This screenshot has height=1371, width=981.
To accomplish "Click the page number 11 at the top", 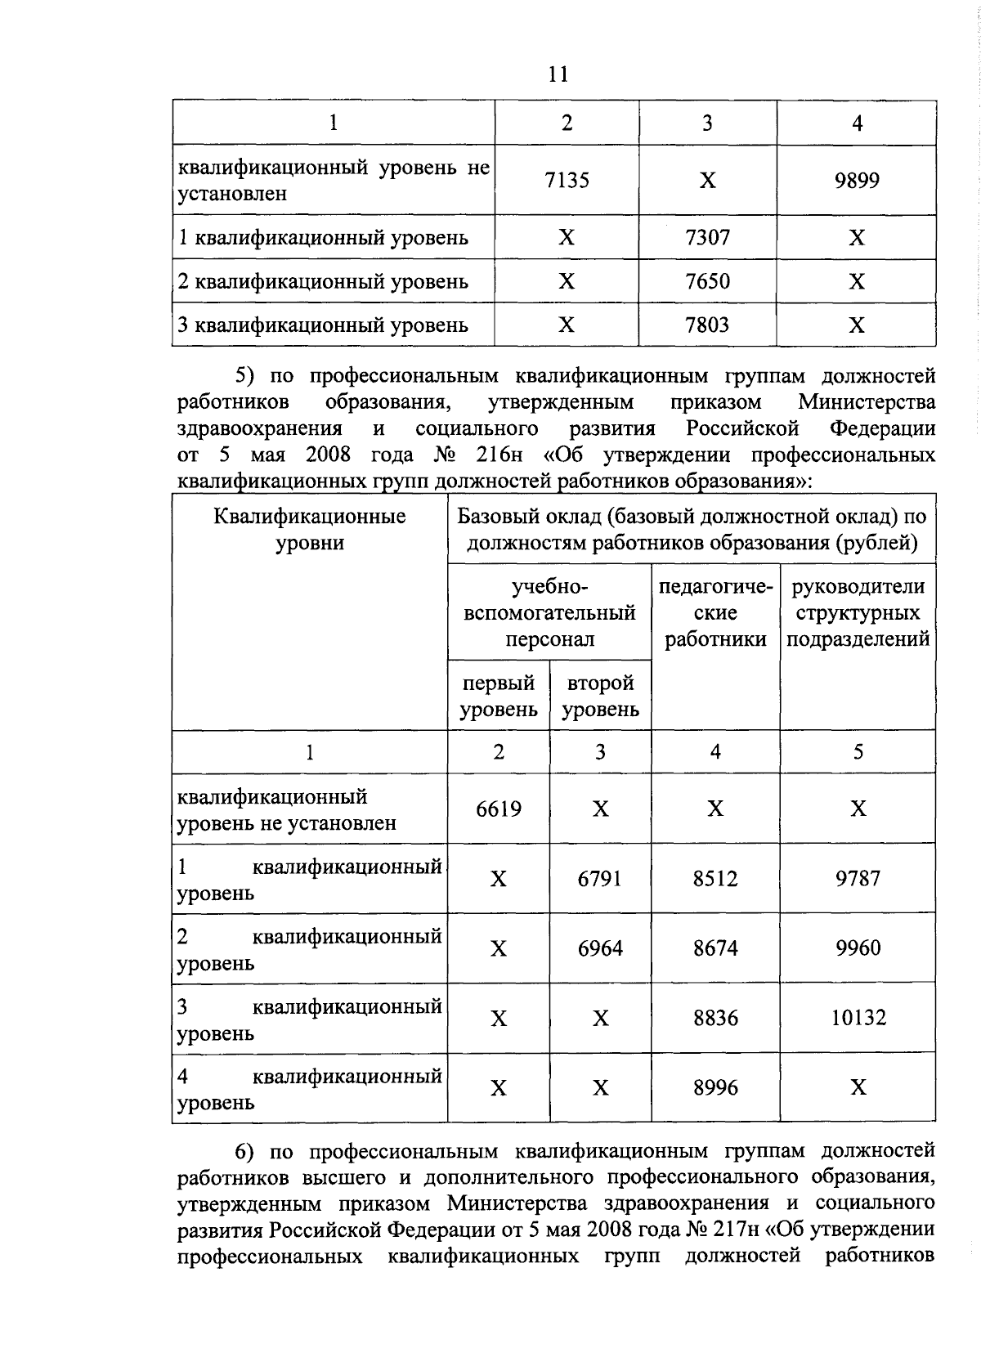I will [558, 74].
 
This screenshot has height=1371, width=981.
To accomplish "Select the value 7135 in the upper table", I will [567, 180].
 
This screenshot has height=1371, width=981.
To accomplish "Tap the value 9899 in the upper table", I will [857, 180].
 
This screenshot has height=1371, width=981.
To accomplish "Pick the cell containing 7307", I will [707, 238].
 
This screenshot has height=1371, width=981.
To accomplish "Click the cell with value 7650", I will [707, 281].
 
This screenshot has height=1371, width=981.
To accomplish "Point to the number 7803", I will [707, 325].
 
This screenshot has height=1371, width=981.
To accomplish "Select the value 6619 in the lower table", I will [499, 809].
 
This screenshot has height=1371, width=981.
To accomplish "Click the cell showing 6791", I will [600, 879].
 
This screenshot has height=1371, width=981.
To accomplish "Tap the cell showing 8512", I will [715, 879].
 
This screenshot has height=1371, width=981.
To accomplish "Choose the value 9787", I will [858, 879].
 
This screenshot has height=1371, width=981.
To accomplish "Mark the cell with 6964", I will [600, 948].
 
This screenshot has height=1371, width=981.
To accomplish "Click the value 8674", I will [715, 948].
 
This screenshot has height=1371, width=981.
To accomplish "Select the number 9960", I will [858, 948].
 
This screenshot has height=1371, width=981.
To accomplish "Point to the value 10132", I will [858, 1018].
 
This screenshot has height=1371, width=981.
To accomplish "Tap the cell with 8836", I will [715, 1018].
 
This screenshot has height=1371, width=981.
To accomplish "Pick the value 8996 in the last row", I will [715, 1087].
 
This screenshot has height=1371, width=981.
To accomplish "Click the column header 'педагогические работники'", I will [715, 613].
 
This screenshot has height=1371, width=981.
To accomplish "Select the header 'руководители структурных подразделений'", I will [858, 613].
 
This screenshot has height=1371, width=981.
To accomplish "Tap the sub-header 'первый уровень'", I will [499, 696].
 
